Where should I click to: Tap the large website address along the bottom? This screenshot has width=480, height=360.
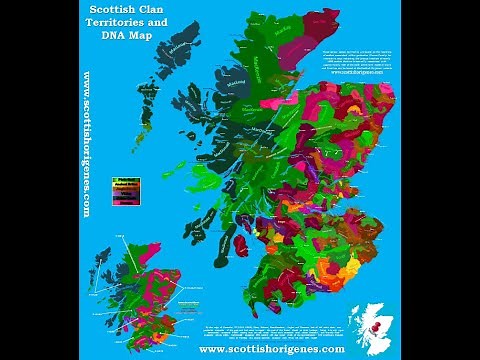(271, 349)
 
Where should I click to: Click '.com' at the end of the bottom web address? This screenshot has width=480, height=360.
(330, 349)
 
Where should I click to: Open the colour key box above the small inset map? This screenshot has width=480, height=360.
(127, 198)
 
